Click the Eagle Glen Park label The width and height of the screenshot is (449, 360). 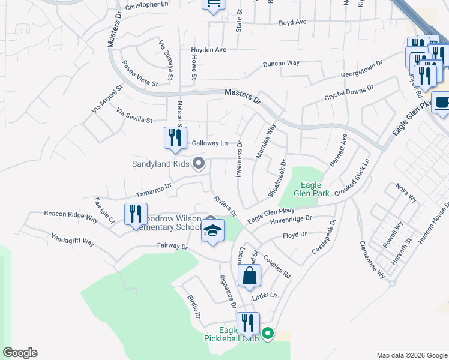click(312, 189)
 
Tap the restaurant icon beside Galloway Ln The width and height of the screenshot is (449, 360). click(175, 138)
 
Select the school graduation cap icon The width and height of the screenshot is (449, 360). click(212, 232)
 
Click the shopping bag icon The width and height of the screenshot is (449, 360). click(249, 277)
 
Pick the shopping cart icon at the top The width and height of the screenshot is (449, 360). click(212, 5)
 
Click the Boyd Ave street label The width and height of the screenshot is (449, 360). click(292, 22)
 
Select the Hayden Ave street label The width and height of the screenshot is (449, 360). click(208, 50)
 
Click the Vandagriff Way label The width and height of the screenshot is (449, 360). click(73, 239)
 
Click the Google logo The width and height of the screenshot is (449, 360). click(20, 353)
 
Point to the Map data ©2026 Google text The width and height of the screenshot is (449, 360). click(412, 355)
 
